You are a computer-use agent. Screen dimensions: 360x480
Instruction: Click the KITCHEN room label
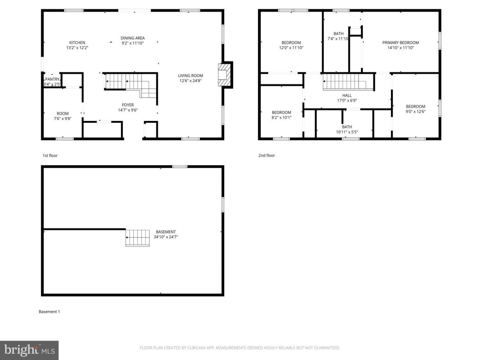[77, 43]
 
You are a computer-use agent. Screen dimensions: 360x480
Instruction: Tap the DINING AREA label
[133, 38]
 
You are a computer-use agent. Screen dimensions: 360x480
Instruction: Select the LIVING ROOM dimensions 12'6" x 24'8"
[191, 80]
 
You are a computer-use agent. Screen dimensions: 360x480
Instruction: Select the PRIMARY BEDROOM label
[401, 43]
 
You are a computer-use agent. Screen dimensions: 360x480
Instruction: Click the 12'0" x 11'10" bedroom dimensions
[291, 48]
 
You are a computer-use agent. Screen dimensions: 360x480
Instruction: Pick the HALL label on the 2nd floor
[347, 95]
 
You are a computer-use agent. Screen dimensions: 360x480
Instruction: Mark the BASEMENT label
[166, 232]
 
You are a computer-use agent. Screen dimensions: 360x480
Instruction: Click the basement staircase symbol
[138, 238]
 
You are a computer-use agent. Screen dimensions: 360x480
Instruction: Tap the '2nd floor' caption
[266, 156]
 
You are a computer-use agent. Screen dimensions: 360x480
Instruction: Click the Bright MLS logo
[29, 350]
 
